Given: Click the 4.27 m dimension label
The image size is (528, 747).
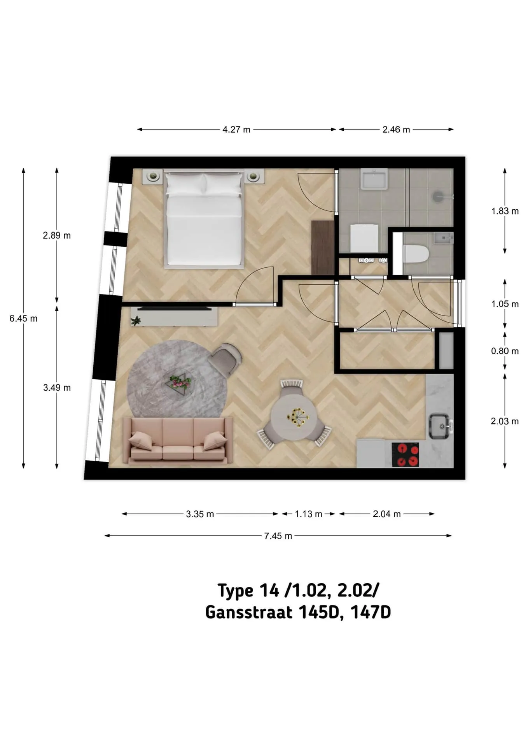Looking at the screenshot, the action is [236, 130].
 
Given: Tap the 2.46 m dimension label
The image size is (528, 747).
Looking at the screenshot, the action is [396, 130].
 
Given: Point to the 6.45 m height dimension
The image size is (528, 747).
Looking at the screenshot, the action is [23, 319].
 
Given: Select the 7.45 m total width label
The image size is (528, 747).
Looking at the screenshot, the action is [278, 536].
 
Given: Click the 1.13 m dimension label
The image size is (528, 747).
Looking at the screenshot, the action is [308, 514].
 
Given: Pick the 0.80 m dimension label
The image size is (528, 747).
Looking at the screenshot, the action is [505, 351].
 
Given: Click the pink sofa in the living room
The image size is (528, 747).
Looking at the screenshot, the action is [178, 440].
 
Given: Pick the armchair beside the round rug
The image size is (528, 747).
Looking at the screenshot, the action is [225, 359].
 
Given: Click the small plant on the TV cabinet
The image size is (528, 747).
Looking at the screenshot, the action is [136, 321].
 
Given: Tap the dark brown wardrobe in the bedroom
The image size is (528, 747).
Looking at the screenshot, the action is [323, 247].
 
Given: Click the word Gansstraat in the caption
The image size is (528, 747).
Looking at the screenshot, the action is [248, 612].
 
